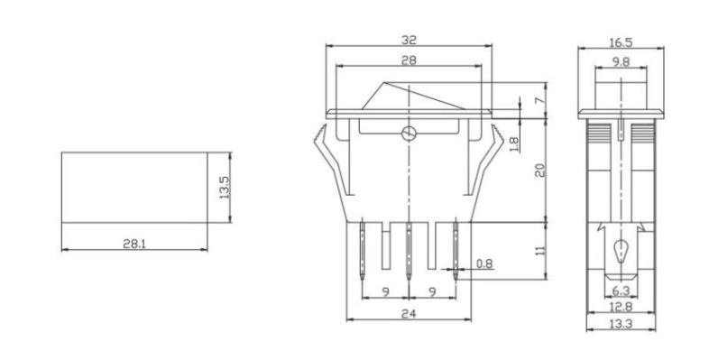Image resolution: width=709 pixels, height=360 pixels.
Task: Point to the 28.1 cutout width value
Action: pyautogui.click(x=133, y=245)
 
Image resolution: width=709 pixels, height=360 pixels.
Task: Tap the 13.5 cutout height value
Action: pyautogui.click(x=226, y=187)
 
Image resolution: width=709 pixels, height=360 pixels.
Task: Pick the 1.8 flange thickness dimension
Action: pyautogui.click(x=514, y=142)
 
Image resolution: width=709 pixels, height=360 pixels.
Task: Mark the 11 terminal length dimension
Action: pyautogui.click(x=539, y=250)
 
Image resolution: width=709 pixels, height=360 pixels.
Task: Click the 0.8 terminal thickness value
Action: pyautogui.click(x=483, y=264)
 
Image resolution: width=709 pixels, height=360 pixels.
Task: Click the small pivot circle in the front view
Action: pyautogui.click(x=409, y=134)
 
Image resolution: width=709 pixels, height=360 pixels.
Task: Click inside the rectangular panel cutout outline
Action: pyautogui.click(x=133, y=186)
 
